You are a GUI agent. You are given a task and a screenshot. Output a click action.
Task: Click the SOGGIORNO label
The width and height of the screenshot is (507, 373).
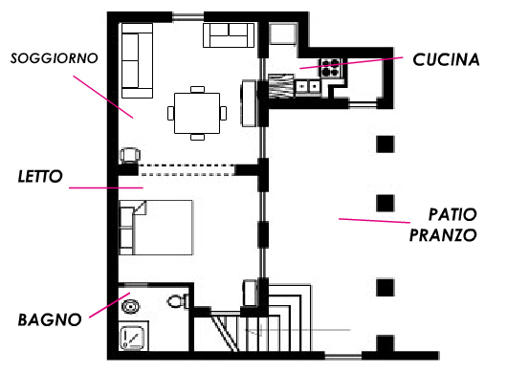coord(55,58)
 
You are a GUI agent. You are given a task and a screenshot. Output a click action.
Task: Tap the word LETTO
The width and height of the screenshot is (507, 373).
coord(40,177)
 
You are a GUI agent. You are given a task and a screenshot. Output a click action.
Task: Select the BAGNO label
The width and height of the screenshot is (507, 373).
coord(50,319)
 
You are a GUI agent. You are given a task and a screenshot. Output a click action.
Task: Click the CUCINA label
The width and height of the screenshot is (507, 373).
coord(446,60)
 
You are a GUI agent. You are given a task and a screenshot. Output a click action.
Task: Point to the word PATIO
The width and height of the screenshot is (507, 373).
coord(452,214)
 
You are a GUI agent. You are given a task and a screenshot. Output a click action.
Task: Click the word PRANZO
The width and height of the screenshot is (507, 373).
coord(443,235)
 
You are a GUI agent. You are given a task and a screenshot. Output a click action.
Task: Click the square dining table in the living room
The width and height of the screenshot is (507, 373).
coord(197,113)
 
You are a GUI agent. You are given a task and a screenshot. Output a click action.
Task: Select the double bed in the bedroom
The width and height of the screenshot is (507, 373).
coord(156,228)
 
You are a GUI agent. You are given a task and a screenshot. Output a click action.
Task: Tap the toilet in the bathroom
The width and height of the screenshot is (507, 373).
coord(178,301)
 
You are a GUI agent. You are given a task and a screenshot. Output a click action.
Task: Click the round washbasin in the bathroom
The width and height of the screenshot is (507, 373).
coord(131,306)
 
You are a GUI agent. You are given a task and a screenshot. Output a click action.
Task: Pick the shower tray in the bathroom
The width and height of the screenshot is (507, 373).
coord(133,336)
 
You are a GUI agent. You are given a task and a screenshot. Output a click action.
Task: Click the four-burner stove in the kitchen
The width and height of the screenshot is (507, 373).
coord(330,68)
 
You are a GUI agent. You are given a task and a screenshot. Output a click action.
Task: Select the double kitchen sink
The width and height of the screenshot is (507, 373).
coord(308,87)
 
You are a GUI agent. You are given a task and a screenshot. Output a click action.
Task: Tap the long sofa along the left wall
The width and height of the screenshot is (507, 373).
coord(137,60)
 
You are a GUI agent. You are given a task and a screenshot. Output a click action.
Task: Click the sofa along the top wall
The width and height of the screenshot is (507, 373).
coord(229,35)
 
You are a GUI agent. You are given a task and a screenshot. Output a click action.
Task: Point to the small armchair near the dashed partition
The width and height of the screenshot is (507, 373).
coord(130,155)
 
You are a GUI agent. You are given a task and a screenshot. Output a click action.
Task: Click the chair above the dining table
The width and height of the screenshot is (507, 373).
coord(197,90)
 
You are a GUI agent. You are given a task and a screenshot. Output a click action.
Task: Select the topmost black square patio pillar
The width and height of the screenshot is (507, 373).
coord(386,144)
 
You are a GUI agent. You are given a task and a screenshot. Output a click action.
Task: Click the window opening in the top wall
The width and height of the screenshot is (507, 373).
coord(187,17)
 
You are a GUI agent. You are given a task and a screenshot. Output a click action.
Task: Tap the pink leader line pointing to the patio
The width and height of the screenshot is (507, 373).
coord(374,221)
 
